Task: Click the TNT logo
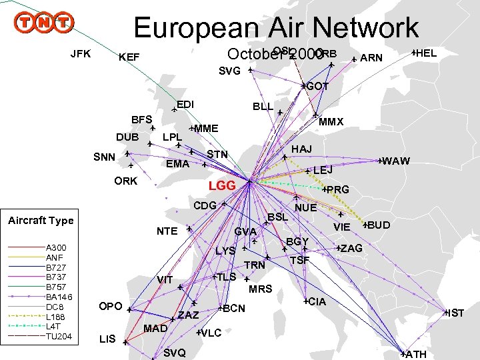44,23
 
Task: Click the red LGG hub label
222,185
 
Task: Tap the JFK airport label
81,53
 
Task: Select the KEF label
129,58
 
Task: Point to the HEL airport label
425,53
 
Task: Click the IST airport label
455,313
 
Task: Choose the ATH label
415,354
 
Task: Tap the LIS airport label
107,339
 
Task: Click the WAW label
396,161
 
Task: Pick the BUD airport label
379,224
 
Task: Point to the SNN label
104,157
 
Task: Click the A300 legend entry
56,248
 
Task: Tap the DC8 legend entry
54,306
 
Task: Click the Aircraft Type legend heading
41,220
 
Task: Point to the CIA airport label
317,302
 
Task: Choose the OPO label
110,307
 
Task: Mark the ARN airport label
371,58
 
